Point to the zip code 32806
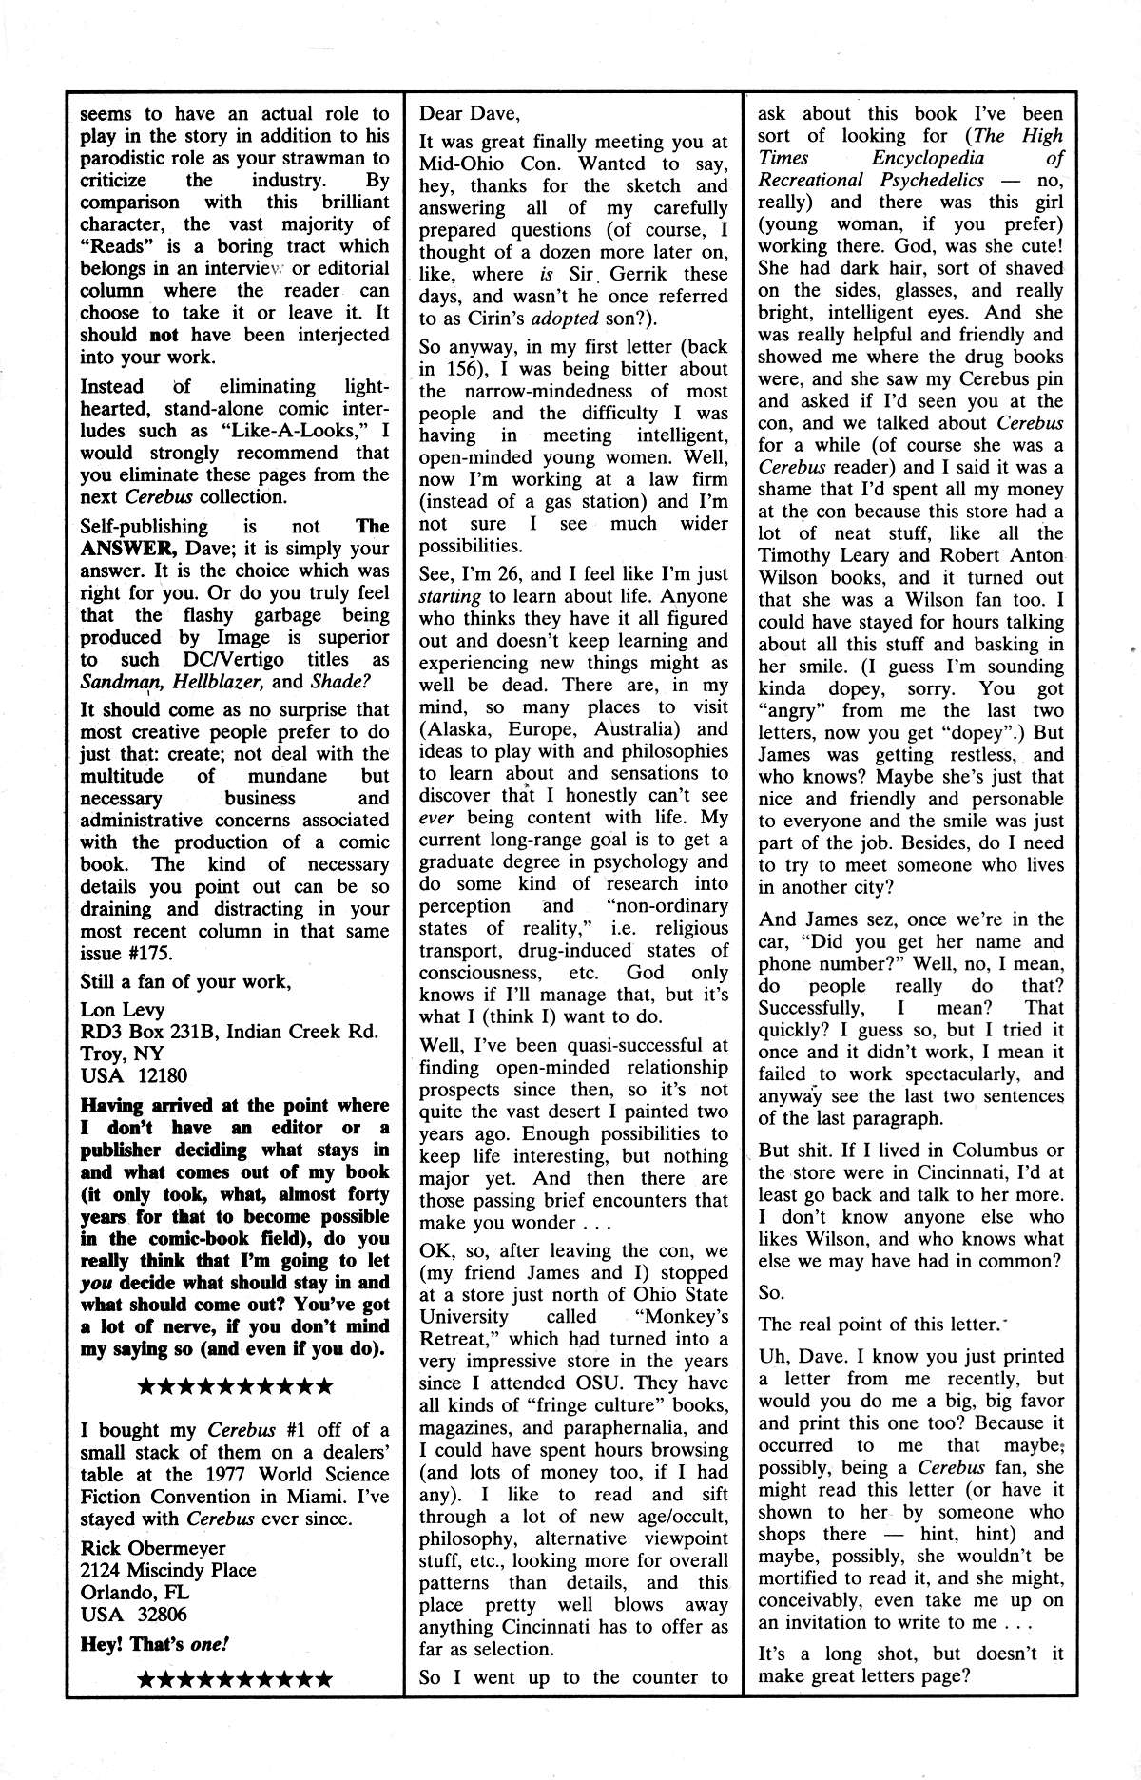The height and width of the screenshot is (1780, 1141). point(162,1615)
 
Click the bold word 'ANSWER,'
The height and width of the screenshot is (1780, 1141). point(121,549)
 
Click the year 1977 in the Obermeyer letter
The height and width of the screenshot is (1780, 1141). point(199,1474)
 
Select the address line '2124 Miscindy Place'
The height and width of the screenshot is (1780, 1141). point(168,1569)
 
